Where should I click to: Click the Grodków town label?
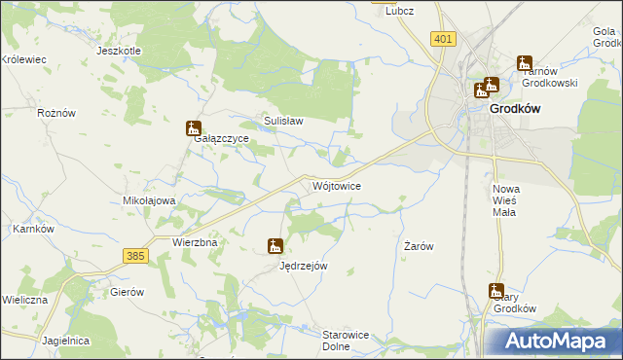point(515,109)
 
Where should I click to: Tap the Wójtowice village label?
point(338,185)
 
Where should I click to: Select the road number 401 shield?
point(443,39)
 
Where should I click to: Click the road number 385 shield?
point(135,255)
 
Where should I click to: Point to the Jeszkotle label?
point(120,51)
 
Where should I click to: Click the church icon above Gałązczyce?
point(194,127)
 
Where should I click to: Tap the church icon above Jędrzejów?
point(275,247)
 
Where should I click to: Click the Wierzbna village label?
point(193,241)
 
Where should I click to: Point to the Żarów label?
point(419,247)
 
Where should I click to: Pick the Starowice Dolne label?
point(348,340)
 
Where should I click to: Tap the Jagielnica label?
point(66,341)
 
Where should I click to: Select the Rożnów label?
point(55,113)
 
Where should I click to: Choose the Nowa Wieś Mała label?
point(506,199)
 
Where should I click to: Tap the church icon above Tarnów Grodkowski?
point(526,62)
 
